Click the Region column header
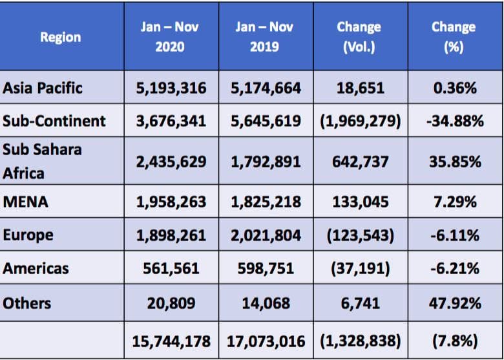61,37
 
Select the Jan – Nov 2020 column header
170,37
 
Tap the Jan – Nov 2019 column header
264,37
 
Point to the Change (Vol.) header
359,37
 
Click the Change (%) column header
454,37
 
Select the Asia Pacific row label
43,88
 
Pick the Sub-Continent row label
54,121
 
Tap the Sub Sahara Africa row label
42,161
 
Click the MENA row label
25,202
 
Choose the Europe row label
28,235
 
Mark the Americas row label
36,268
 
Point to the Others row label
26,303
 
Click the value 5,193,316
171,88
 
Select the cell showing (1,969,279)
361,121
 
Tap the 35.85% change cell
455,162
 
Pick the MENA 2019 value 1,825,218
266,202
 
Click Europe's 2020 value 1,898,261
171,235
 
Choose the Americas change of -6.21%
455,268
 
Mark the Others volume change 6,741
360,303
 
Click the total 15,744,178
171,341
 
